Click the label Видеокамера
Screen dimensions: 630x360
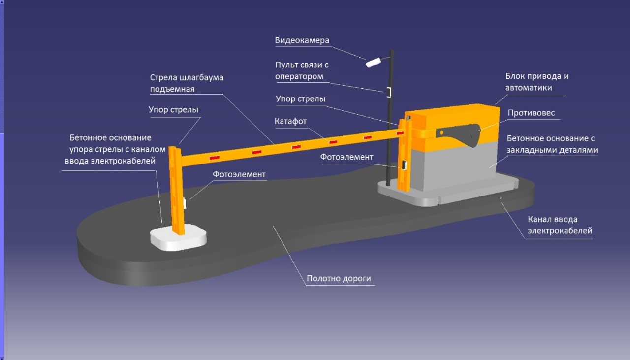[x=302, y=40]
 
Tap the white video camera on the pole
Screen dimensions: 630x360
[x=374, y=63]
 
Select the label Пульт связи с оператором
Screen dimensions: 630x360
[x=302, y=70]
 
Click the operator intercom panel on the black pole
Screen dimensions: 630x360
[x=389, y=92]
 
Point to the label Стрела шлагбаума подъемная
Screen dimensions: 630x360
[x=187, y=83]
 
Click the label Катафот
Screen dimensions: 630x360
[x=290, y=121]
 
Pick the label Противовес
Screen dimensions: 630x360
[x=531, y=113]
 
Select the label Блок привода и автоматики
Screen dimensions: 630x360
[x=537, y=82]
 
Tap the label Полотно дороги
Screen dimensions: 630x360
[x=339, y=278]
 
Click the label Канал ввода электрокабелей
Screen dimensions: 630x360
[x=560, y=225]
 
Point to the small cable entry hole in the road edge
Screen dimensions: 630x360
[x=500, y=198]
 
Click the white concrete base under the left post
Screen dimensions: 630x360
[x=179, y=237]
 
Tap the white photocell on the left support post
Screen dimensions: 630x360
[x=185, y=203]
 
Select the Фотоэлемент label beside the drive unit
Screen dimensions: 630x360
[x=346, y=157]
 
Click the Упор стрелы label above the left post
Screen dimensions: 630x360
[x=173, y=110]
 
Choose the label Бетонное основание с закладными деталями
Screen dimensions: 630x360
[x=552, y=144]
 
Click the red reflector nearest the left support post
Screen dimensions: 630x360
[x=214, y=158]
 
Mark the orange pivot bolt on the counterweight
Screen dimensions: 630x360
[x=441, y=132]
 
